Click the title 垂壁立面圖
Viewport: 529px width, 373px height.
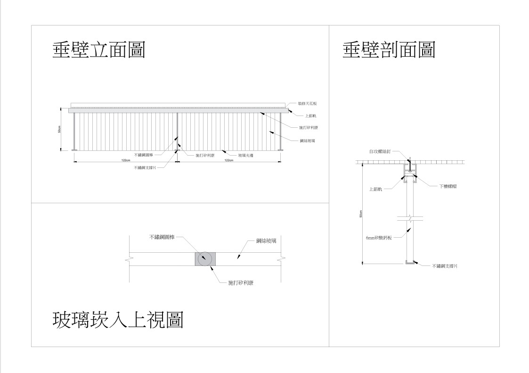coord(98,50)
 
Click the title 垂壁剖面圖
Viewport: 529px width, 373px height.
coord(389,50)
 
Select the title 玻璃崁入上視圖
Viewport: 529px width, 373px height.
coord(117,320)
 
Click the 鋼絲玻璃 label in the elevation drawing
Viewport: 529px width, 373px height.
coord(308,141)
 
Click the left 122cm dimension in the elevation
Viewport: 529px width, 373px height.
coord(126,160)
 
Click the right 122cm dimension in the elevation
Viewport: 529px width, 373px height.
coord(228,160)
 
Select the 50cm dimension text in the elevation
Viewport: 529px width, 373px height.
coord(59,129)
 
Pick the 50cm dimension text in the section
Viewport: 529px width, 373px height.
coord(361,214)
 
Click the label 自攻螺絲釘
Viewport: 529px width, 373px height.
coord(380,151)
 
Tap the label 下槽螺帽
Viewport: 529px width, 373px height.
coord(448,186)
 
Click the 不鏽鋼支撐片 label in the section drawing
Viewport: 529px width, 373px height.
coord(445,266)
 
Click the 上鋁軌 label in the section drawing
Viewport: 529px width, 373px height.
coord(375,189)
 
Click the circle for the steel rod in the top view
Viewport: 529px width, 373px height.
coord(204,258)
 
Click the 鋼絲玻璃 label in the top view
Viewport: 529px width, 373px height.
coord(266,241)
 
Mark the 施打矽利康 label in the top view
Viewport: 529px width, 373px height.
coord(241,283)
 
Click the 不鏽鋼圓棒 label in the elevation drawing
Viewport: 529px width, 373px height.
coord(144,155)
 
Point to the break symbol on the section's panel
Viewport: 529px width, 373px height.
coord(410,219)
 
